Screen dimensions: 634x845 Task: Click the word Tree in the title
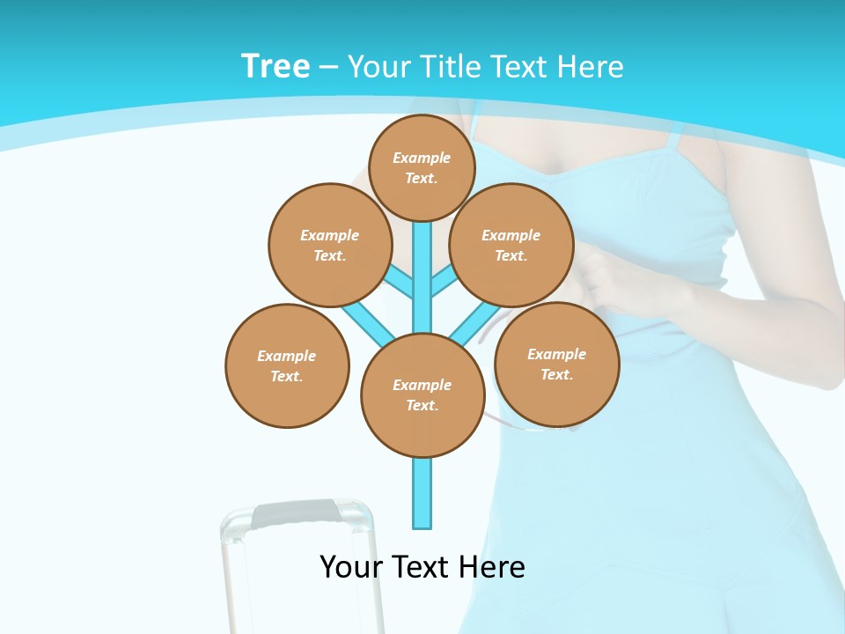276,66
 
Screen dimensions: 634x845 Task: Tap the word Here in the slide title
590,67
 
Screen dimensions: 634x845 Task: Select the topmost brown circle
422,167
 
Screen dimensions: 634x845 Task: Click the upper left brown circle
330,245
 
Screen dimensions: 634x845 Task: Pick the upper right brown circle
511,245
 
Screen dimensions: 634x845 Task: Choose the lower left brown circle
287,365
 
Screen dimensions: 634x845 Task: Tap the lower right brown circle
556,364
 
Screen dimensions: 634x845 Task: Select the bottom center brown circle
422,395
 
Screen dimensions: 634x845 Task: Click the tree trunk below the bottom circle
422,493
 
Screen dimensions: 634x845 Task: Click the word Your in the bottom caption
350,567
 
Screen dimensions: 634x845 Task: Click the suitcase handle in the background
295,513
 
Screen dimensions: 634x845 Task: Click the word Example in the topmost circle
422,158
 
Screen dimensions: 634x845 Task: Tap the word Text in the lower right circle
556,374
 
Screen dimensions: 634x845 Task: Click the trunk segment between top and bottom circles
422,282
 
